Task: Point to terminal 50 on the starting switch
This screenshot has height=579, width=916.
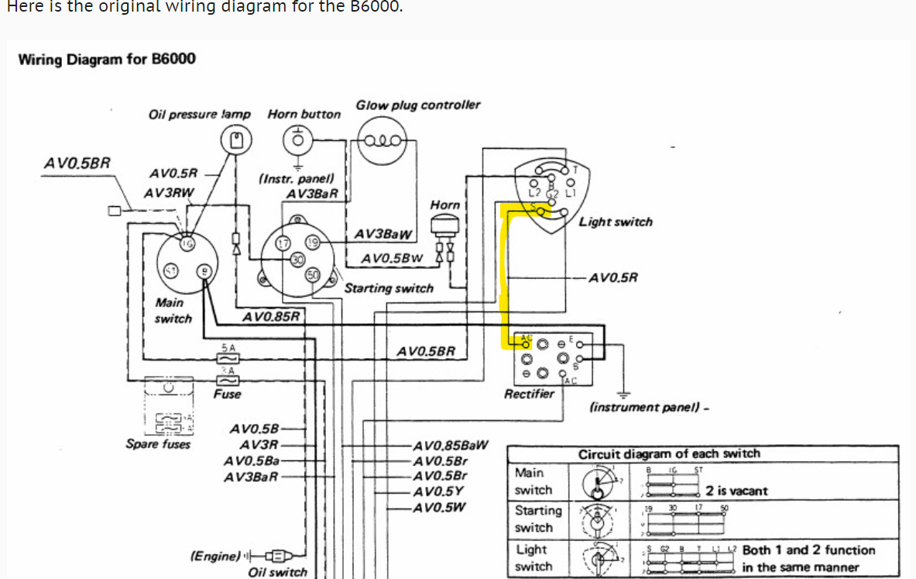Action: pyautogui.click(x=313, y=275)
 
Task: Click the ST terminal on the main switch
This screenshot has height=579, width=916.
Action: pyautogui.click(x=170, y=270)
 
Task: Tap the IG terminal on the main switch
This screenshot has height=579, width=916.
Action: pyautogui.click(x=186, y=243)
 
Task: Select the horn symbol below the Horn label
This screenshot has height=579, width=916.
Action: pyautogui.click(x=444, y=225)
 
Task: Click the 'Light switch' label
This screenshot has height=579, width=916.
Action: pyautogui.click(x=616, y=222)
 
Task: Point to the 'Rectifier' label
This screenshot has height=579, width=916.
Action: pyautogui.click(x=529, y=394)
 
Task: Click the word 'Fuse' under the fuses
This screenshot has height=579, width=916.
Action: pyautogui.click(x=227, y=394)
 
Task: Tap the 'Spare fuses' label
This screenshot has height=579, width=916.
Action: pyautogui.click(x=158, y=444)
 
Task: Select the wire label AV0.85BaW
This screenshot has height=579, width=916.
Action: pyautogui.click(x=451, y=445)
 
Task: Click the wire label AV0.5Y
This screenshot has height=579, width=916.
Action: pyautogui.click(x=439, y=491)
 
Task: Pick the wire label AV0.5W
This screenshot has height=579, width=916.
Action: pyautogui.click(x=440, y=508)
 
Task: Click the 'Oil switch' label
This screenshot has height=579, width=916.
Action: pyautogui.click(x=277, y=572)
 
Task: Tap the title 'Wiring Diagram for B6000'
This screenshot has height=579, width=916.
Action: pyautogui.click(x=107, y=59)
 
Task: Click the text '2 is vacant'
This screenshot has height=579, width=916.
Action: pyautogui.click(x=736, y=491)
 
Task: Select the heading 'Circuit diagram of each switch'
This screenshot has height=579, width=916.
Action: pyautogui.click(x=669, y=453)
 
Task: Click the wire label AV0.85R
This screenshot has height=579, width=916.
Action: pyautogui.click(x=271, y=316)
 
